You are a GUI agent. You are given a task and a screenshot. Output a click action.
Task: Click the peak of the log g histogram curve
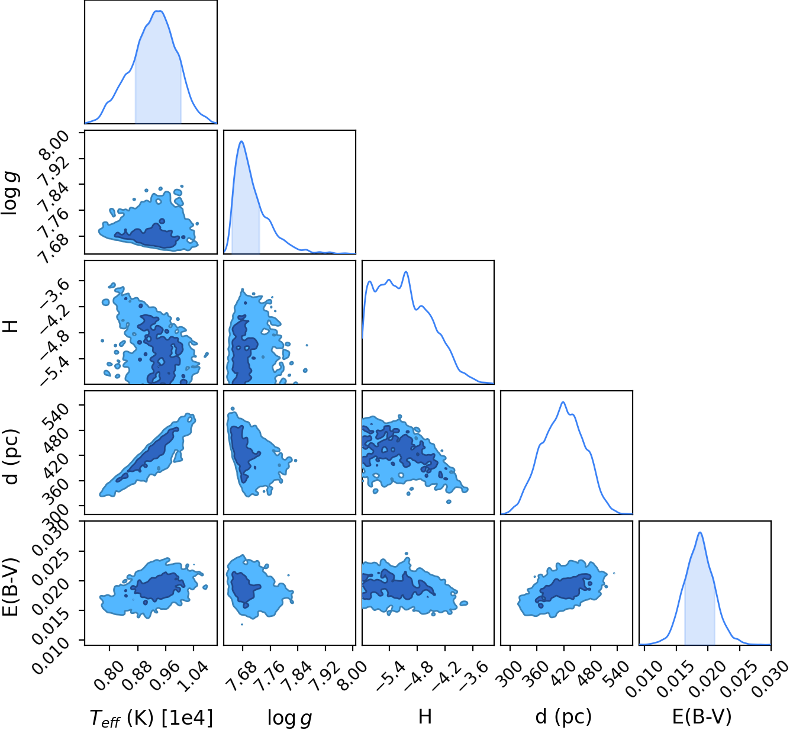241,142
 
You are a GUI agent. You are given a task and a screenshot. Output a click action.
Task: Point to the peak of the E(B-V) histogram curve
700,532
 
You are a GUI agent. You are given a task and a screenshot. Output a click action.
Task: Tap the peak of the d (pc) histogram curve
563,402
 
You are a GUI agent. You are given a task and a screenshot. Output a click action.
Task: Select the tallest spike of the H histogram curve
406,272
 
